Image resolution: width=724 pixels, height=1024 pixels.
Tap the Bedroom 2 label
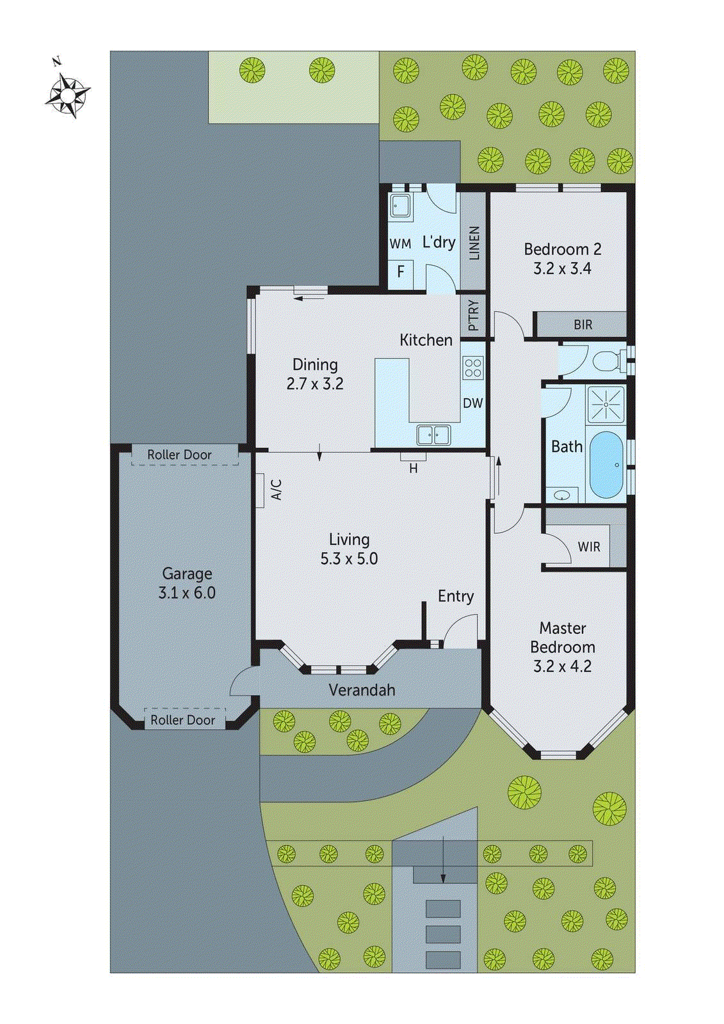click(562, 249)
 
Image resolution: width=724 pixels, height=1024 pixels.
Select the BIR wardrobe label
click(583, 325)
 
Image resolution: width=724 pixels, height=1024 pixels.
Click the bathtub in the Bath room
click(605, 465)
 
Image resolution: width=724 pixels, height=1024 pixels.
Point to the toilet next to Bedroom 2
click(607, 361)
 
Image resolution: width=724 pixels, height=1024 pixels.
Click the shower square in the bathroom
click(605, 404)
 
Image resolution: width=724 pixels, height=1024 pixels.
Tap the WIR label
click(588, 547)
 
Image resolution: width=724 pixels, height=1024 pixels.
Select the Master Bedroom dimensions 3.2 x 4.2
click(562, 666)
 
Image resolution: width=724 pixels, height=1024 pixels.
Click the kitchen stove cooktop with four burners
click(473, 368)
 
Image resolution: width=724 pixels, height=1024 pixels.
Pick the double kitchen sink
click(433, 435)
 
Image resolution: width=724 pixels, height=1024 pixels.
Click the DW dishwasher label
click(472, 403)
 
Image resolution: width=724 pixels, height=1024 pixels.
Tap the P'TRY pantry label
click(473, 315)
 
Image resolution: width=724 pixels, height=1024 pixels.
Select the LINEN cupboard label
click(474, 243)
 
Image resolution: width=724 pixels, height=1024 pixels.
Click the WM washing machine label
click(400, 244)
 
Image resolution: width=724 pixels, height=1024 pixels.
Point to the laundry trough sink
click(401, 206)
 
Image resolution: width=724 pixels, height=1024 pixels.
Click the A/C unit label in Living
click(277, 490)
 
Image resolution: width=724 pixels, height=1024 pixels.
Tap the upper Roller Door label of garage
click(179, 454)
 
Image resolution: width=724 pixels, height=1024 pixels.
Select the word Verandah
click(362, 690)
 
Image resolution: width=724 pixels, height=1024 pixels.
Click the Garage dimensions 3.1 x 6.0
click(187, 593)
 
